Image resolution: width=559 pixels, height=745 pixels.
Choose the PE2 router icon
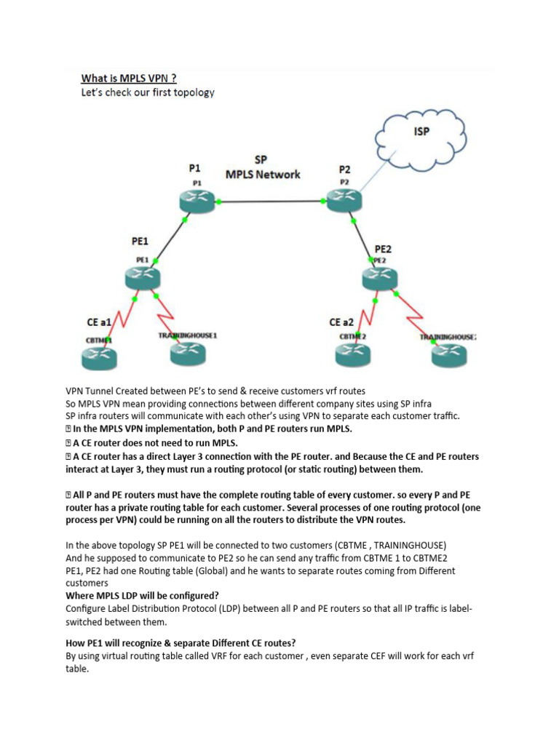pos(380,277)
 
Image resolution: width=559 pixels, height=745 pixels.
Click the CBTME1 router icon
pos(99,354)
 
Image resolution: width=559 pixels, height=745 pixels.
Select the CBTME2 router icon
pos(354,353)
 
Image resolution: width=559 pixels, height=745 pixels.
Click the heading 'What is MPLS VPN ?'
pos(128,78)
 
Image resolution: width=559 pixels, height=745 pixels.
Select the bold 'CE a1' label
pos(94,322)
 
